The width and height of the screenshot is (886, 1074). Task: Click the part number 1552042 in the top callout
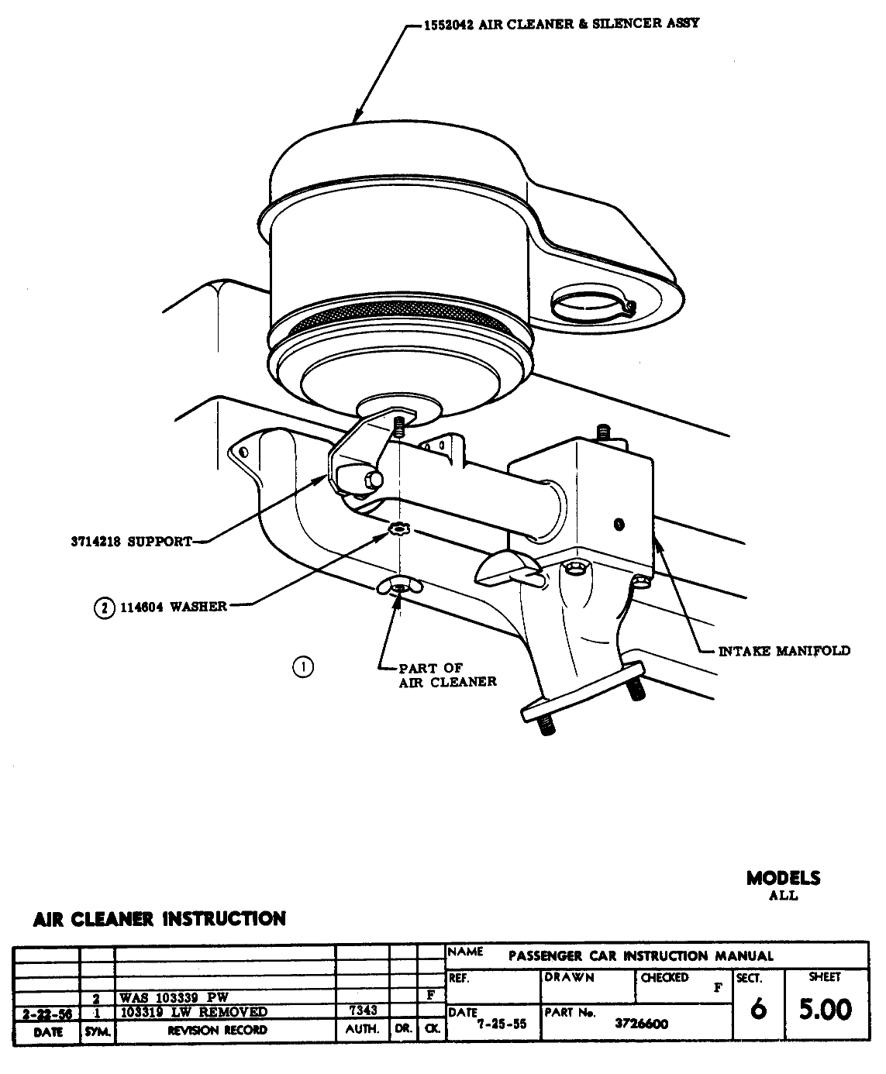[448, 24]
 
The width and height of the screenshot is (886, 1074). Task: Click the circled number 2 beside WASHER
[104, 608]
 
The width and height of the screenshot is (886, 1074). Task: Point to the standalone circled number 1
[302, 666]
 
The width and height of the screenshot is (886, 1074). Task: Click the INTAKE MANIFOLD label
[784, 651]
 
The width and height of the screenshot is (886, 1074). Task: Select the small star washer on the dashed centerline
[398, 529]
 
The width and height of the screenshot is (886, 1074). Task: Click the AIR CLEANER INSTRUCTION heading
[160, 919]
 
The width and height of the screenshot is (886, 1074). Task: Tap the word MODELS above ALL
[783, 878]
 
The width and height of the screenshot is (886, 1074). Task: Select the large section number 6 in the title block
[759, 1010]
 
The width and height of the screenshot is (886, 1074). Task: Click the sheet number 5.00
[825, 1010]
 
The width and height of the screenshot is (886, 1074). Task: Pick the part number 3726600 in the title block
[641, 1023]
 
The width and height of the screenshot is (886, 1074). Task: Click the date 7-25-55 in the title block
[502, 1023]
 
